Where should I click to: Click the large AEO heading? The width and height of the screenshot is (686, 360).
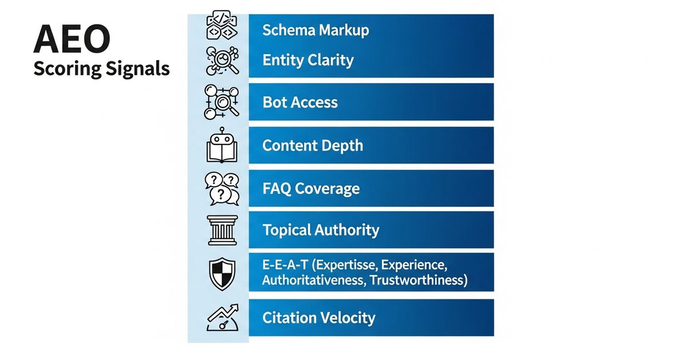tap(72, 39)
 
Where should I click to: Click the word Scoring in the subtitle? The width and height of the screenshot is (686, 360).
tap(67, 69)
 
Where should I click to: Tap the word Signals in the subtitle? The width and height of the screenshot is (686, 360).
tap(138, 69)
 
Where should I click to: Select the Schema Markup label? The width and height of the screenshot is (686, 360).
tap(316, 30)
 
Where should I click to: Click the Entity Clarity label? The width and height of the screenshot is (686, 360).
tap(308, 61)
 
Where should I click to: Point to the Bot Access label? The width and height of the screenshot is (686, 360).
tap(300, 102)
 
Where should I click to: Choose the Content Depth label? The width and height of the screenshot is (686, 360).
tap(313, 145)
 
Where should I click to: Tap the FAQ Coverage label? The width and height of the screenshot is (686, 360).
tap(311, 189)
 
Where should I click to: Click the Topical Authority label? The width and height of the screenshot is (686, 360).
tap(321, 230)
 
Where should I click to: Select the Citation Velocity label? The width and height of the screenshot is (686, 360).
tap(319, 318)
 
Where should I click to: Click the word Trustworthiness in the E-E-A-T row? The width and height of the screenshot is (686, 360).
tap(418, 281)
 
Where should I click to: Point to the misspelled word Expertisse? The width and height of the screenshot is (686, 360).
tap(345, 265)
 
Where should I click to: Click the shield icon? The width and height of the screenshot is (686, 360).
tap(222, 274)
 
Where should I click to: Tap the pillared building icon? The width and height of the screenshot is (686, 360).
tap(222, 230)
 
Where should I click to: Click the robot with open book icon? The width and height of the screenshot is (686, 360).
tap(222, 145)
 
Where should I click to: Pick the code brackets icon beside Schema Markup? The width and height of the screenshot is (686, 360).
tap(222, 25)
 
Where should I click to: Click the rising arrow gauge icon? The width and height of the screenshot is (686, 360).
tap(222, 318)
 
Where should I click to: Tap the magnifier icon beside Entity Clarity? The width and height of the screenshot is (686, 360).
tap(222, 61)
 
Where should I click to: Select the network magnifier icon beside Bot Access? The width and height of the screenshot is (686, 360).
tap(222, 102)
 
